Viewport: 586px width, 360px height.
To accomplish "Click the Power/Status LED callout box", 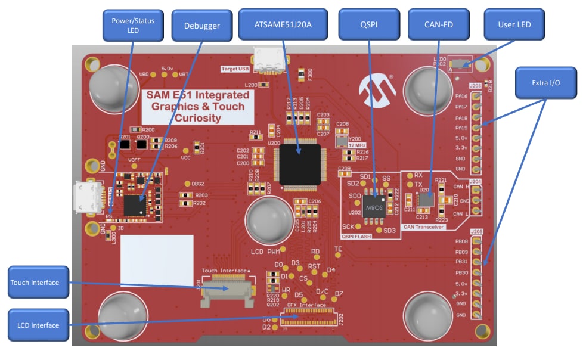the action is (x=133, y=25).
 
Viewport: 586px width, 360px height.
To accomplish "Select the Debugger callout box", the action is (x=201, y=26).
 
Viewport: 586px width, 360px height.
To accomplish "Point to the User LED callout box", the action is (x=514, y=25).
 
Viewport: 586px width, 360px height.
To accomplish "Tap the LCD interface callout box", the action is (x=37, y=325).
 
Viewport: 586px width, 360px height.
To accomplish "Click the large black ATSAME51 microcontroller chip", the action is (x=296, y=162).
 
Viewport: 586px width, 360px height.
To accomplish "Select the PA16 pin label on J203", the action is (x=461, y=96).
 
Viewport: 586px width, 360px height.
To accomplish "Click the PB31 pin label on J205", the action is (x=461, y=262).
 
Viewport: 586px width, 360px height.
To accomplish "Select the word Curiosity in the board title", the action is (x=196, y=118).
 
